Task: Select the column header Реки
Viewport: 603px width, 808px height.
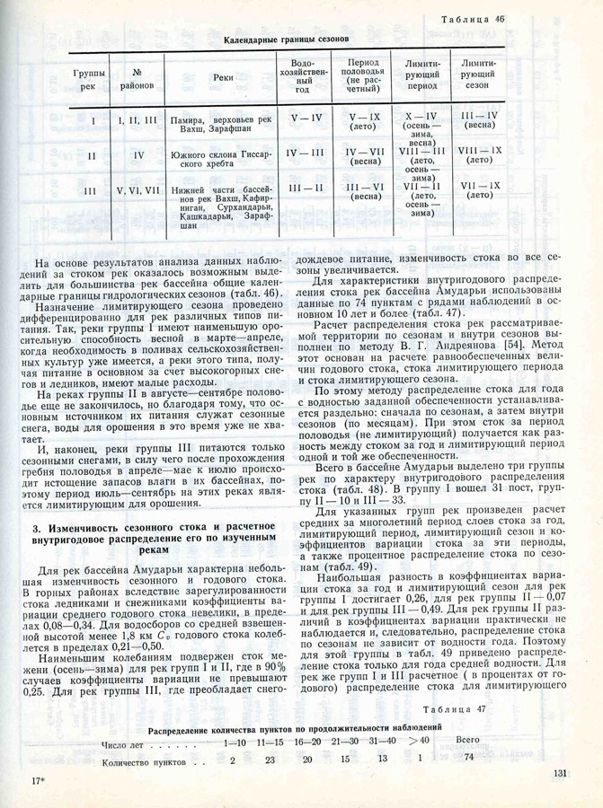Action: [223, 78]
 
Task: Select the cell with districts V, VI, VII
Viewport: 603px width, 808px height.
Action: [138, 190]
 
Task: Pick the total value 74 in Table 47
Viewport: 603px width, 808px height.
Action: [468, 759]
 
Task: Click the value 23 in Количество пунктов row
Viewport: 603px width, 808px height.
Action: [269, 760]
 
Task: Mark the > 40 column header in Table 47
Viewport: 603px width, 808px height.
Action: [418, 742]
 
